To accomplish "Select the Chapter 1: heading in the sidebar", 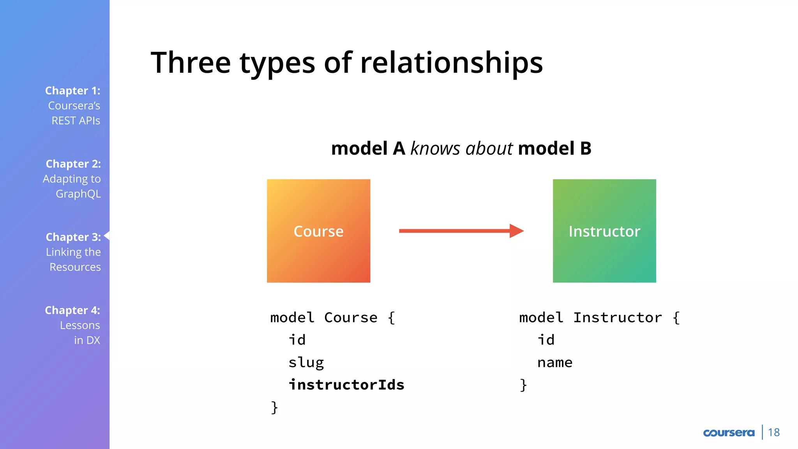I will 73,90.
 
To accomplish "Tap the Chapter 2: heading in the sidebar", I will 73,164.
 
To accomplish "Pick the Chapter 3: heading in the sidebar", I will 73,237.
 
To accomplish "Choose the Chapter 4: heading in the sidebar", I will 72,310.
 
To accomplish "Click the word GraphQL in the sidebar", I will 78,194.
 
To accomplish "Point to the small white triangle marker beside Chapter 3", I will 107,235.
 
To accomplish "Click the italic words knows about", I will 462,148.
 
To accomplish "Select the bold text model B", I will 554,148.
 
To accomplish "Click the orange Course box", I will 318,231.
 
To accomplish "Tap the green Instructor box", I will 604,231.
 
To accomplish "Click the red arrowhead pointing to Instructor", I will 517,231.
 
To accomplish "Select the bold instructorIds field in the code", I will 346,385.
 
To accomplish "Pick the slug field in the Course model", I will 306,362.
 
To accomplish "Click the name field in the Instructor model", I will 555,362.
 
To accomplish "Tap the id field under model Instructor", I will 546,340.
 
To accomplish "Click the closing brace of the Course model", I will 274,407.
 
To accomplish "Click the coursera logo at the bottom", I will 729,433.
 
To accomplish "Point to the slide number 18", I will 774,433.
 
